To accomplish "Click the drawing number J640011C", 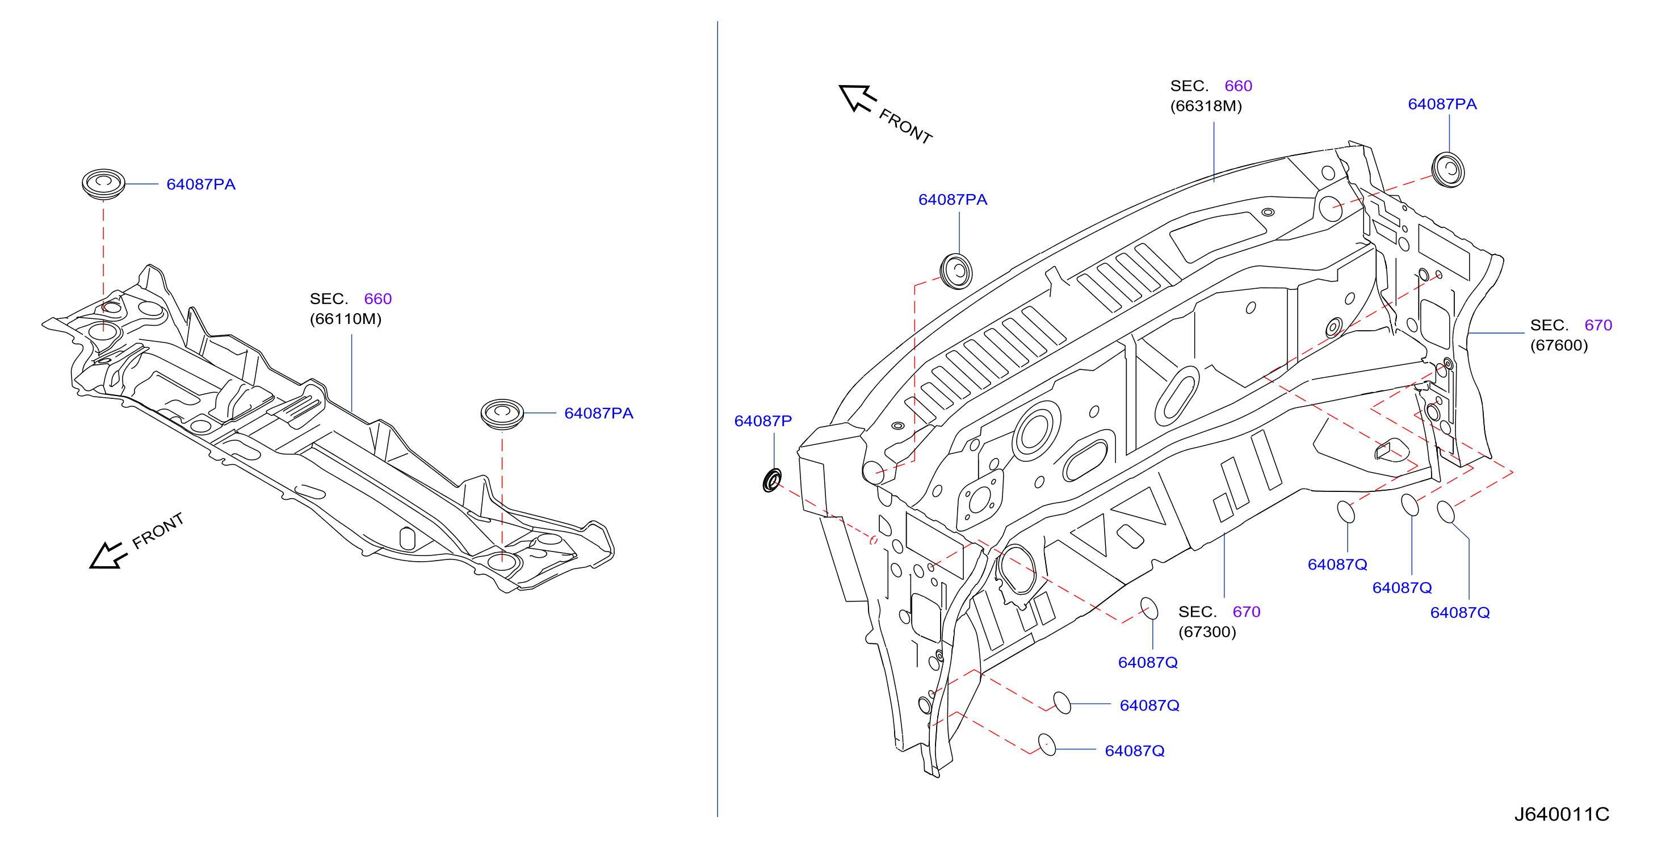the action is [x=1562, y=814].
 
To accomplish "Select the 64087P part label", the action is [x=763, y=421].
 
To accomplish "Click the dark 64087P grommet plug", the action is [x=772, y=480].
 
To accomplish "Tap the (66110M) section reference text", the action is [x=346, y=319].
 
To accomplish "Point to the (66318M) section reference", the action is [x=1206, y=106].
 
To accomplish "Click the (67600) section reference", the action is [x=1559, y=345].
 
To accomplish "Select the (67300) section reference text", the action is [x=1207, y=631].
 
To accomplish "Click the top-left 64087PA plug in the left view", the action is [x=103, y=184].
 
